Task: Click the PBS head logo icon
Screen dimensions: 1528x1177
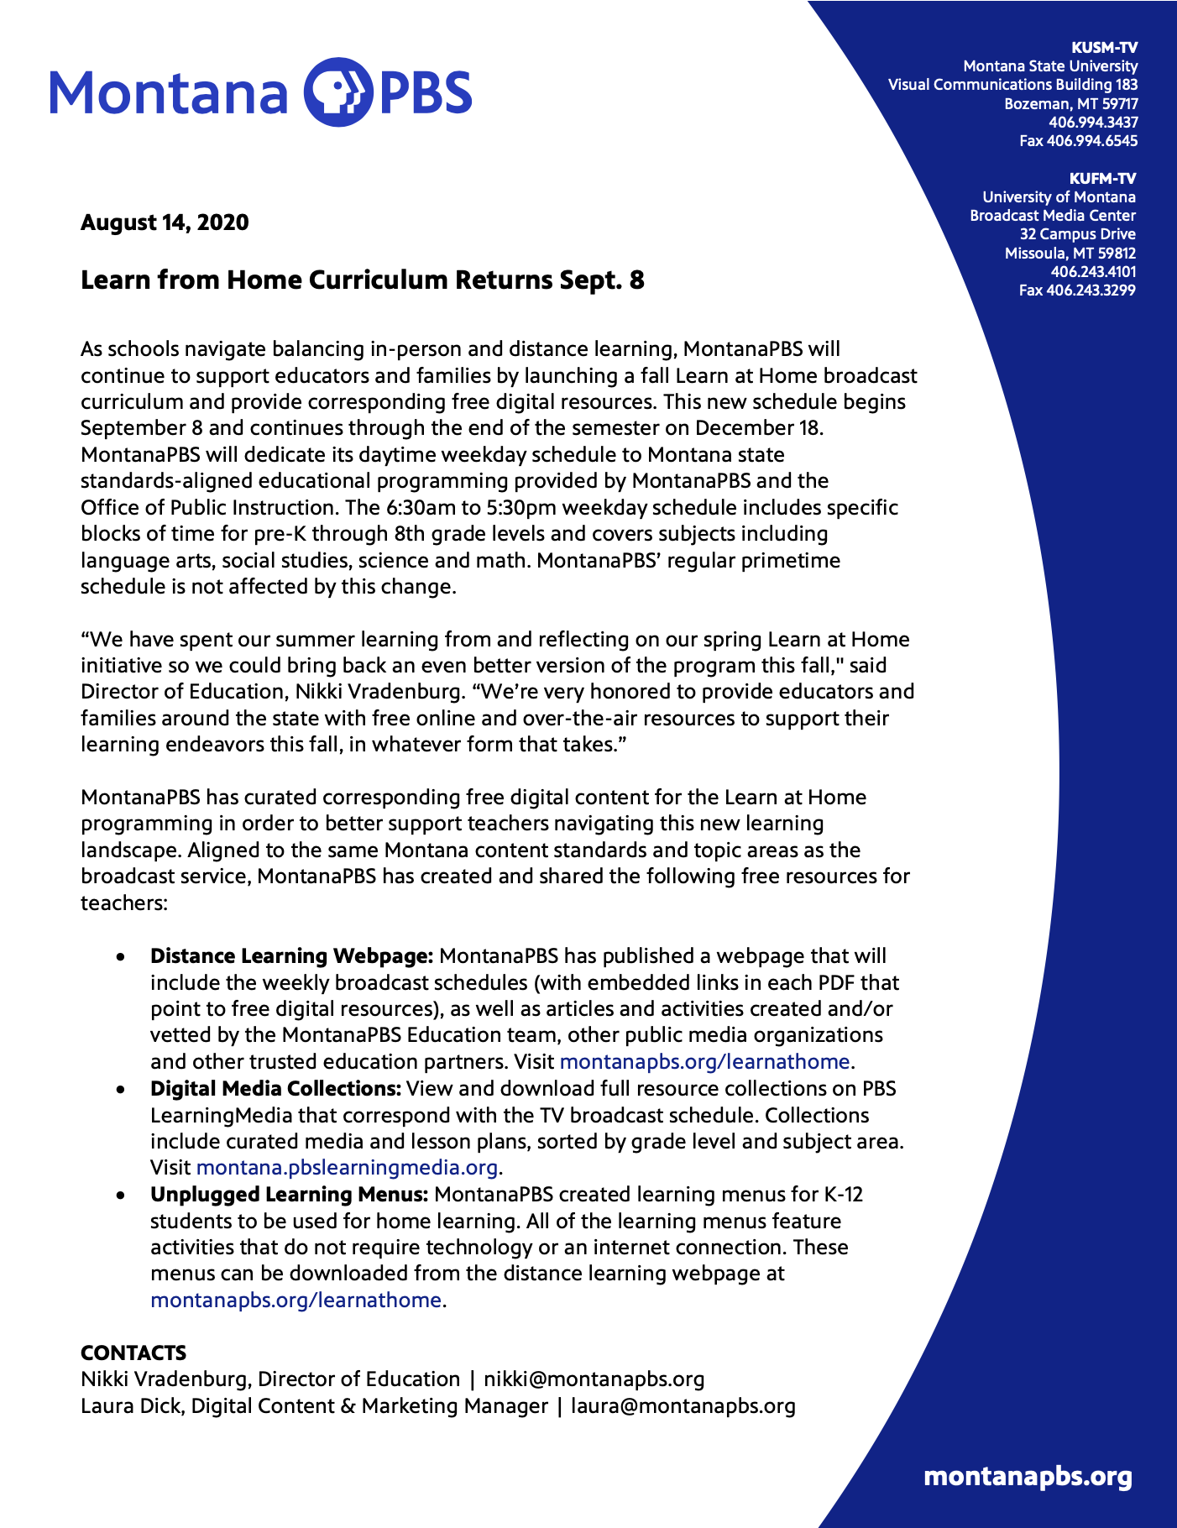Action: [337, 92]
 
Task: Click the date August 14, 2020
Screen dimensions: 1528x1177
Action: [165, 222]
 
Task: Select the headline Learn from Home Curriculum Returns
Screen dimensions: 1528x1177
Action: [362, 280]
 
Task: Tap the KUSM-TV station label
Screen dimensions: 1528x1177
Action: [1105, 48]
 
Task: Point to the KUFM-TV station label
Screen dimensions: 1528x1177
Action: [1102, 179]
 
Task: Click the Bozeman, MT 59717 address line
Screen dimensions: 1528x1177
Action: [1071, 104]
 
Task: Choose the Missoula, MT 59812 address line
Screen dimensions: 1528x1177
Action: [1070, 254]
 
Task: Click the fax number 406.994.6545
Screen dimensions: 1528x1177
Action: [1079, 141]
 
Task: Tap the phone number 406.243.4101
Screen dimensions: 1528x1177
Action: [1093, 272]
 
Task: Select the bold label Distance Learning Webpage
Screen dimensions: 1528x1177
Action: [291, 956]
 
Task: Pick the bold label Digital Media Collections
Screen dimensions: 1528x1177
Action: [275, 1089]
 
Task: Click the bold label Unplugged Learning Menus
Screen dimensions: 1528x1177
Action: [290, 1195]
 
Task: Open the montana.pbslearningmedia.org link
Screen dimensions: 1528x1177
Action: [348, 1168]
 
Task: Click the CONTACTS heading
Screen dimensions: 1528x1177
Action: [133, 1353]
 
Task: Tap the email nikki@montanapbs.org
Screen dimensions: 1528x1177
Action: [594, 1379]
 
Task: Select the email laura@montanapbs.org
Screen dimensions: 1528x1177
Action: [683, 1406]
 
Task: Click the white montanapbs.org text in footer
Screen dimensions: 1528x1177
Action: [1028, 1477]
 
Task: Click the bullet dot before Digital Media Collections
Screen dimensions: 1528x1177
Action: [123, 1090]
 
